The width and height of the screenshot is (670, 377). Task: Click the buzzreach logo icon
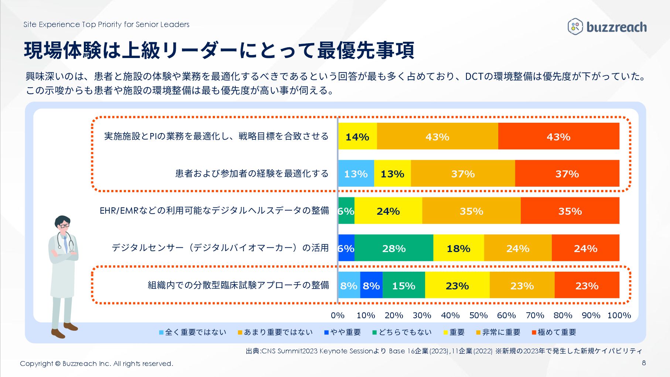575,27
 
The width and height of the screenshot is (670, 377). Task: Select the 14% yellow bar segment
358,136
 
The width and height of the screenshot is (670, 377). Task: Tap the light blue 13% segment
356,174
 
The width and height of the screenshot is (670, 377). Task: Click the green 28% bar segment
394,248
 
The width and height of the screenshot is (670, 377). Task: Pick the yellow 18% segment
458,248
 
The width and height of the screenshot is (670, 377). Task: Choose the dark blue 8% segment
371,285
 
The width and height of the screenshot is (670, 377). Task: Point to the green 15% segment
404,285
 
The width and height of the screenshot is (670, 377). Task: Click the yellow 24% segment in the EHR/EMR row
388,211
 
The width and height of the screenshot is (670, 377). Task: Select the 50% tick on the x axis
478,315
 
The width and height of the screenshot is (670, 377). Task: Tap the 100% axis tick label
619,315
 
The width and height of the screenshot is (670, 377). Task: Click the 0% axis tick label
338,315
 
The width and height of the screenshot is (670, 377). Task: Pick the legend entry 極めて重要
554,332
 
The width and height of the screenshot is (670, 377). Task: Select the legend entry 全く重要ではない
192,332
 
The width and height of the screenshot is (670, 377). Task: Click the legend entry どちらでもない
402,332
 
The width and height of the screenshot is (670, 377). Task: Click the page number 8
644,363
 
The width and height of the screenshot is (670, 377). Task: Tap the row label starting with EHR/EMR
214,211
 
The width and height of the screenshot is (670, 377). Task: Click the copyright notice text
96,364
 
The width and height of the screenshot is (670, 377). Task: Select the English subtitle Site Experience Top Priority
106,24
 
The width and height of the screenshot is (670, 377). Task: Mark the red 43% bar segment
558,136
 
